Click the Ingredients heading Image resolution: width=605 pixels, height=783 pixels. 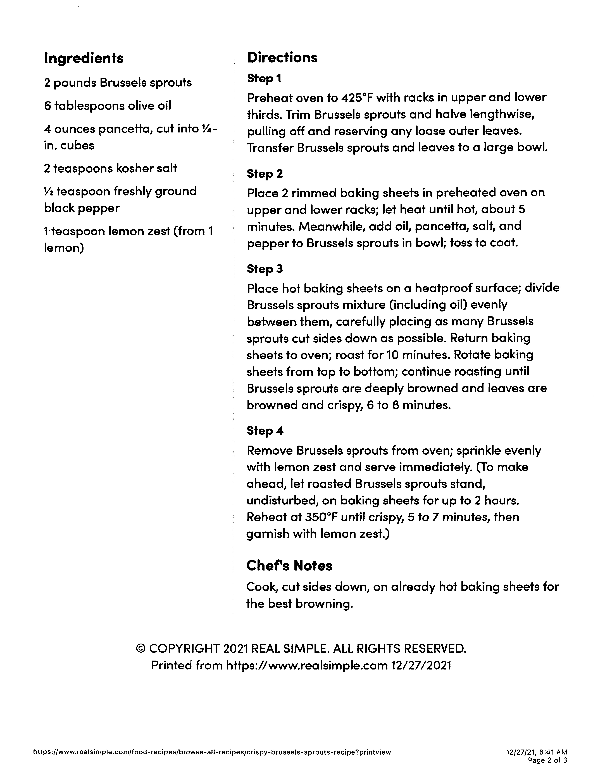click(x=84, y=58)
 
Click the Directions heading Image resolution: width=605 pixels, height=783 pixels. click(x=282, y=57)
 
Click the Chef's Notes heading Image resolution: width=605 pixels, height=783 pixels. click(x=289, y=565)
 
